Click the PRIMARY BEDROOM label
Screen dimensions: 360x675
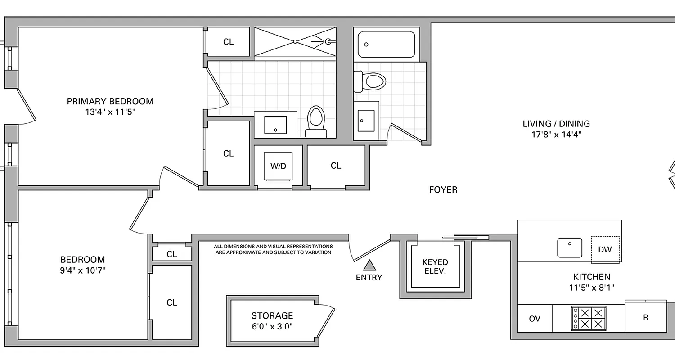click(110, 101)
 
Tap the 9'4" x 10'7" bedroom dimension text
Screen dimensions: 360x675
click(83, 270)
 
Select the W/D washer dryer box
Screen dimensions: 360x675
click(278, 166)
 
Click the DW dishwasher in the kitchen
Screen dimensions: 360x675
click(605, 249)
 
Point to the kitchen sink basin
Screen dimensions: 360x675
click(569, 247)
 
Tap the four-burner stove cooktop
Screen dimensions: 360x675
click(589, 318)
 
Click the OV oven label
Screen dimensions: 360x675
click(534, 319)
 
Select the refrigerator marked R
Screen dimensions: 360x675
click(645, 318)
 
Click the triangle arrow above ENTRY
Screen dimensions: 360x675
click(369, 265)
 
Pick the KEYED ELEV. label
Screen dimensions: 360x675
click(435, 266)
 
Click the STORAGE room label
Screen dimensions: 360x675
click(272, 315)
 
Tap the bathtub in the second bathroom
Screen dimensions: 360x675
click(387, 45)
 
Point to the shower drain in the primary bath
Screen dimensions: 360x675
click(295, 41)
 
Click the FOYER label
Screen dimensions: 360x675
click(443, 190)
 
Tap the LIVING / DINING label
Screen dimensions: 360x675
click(556, 123)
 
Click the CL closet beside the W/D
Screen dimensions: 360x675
click(336, 166)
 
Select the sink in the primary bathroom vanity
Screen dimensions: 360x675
click(275, 125)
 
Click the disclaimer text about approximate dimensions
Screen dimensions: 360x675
click(273, 250)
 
